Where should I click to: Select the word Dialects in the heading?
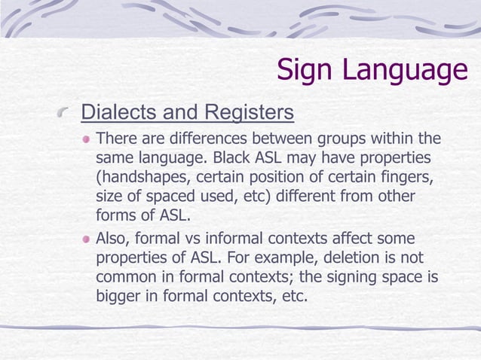click(x=115, y=113)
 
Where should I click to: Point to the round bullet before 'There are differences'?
click(x=87, y=140)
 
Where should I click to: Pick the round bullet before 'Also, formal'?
click(x=87, y=239)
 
